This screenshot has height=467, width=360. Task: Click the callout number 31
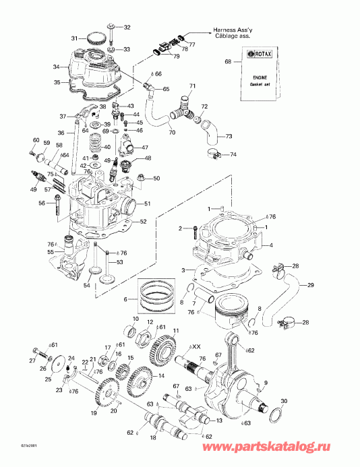(x=75, y=38)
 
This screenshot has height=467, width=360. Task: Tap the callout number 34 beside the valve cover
(x=57, y=67)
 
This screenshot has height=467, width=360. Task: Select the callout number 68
(x=227, y=62)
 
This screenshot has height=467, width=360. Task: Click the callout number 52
(x=143, y=221)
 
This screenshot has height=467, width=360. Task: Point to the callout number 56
(x=41, y=203)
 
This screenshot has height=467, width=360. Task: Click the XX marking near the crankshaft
(x=197, y=347)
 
